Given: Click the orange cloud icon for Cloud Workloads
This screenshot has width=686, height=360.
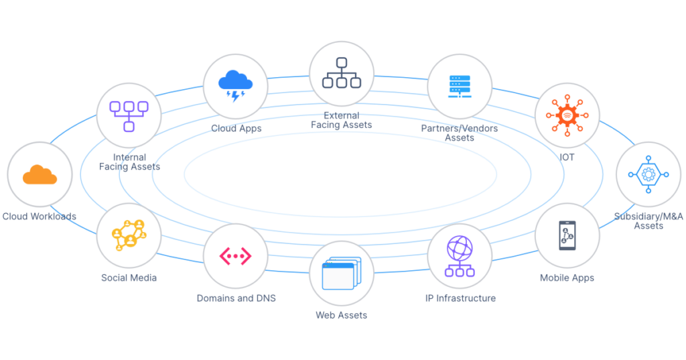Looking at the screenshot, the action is click(40, 174).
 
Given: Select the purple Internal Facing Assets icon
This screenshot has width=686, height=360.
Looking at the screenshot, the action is click(129, 116).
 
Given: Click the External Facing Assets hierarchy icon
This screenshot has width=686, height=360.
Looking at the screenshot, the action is click(342, 72).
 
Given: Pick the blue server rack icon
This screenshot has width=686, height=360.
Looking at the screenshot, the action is click(460, 86).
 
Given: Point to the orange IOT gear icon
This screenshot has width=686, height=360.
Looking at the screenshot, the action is click(567, 115).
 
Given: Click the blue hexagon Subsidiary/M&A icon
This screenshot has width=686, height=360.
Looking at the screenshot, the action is click(648, 174).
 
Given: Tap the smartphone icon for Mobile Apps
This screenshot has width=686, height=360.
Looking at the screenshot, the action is click(567, 235).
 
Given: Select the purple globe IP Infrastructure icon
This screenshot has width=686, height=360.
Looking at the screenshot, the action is click(460, 256).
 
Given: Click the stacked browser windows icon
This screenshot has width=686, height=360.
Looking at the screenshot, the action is click(342, 274).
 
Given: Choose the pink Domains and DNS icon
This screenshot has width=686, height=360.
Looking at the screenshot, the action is click(235, 256).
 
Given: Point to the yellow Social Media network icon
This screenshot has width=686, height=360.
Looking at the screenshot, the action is click(129, 235).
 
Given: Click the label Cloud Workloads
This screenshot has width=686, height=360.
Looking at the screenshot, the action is click(40, 217).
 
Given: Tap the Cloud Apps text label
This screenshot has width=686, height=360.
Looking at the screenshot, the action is click(236, 128).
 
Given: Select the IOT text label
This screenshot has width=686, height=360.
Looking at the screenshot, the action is click(567, 158).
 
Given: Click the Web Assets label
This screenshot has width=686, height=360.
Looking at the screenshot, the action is click(341, 315).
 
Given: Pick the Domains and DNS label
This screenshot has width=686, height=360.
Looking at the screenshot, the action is click(236, 298).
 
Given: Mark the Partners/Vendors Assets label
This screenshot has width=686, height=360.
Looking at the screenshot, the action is click(460, 133).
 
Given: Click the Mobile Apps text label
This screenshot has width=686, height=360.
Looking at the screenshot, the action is click(567, 278).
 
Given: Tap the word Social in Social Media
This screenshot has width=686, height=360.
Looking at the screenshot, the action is click(115, 278).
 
